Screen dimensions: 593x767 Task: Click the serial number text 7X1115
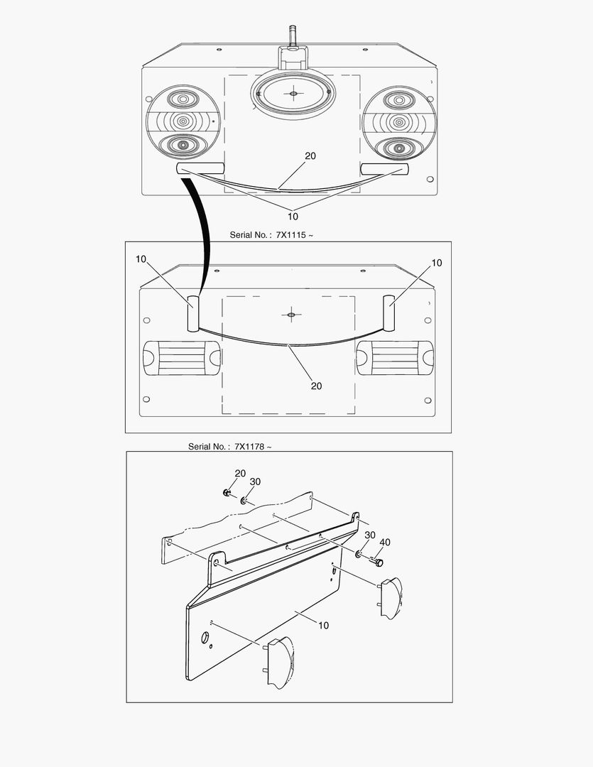click(x=290, y=235)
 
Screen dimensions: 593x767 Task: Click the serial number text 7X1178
click(x=249, y=447)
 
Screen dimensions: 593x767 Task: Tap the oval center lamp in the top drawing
click(x=293, y=94)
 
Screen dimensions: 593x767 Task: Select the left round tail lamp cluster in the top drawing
click(x=183, y=123)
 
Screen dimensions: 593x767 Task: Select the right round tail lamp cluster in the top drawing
click(x=399, y=123)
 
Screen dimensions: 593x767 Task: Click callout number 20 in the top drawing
click(x=310, y=156)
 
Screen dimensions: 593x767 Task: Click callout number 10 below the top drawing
click(x=293, y=216)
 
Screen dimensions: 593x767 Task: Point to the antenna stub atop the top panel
click(x=293, y=36)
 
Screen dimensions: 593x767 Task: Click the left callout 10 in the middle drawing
click(x=141, y=259)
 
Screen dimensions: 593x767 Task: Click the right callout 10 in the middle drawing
click(x=437, y=263)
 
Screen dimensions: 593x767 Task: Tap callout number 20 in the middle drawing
click(x=317, y=386)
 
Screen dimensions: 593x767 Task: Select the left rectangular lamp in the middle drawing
click(x=182, y=358)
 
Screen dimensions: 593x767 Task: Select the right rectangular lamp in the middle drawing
click(x=395, y=358)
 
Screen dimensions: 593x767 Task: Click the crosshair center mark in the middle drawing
click(x=291, y=315)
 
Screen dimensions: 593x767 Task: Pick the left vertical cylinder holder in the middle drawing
click(x=193, y=314)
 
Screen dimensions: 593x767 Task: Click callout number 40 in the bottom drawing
click(x=385, y=543)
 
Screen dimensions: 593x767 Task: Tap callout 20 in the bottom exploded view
click(x=240, y=474)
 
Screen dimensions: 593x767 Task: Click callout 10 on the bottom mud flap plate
click(x=323, y=626)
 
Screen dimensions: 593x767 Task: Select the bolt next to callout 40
click(x=376, y=562)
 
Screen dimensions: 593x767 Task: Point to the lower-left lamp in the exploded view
click(x=278, y=663)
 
